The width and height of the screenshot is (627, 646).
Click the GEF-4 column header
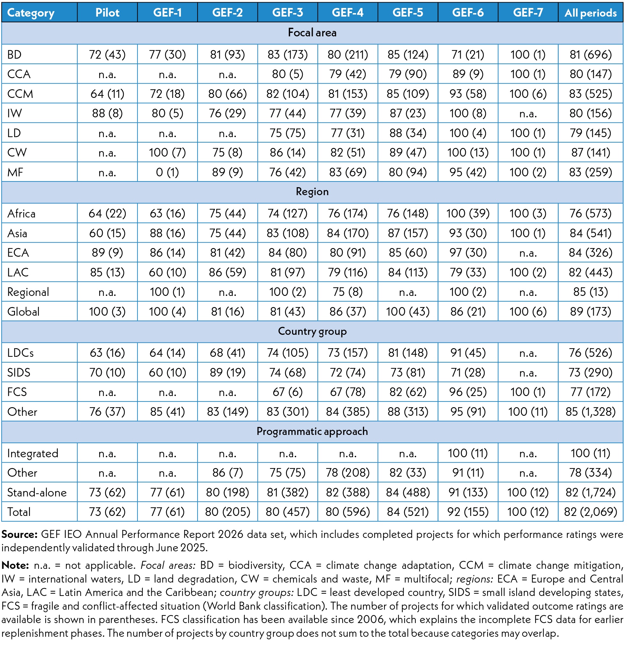coord(347,12)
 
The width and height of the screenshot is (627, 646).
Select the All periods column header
coord(590,12)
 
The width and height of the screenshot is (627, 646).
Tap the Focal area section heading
coord(312,33)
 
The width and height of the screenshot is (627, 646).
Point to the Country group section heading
coord(312,331)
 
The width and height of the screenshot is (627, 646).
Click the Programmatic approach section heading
coord(312,431)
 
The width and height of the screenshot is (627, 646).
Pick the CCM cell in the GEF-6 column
coord(468,94)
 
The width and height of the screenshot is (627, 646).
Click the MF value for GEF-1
coord(167,172)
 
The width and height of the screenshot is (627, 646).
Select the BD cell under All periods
coord(590,55)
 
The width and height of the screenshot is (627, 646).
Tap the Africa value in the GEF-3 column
coord(287,213)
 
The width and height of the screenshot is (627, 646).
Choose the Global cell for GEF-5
coord(408,312)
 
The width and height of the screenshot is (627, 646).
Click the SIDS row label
coord(19,372)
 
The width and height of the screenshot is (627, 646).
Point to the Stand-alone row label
coord(37,492)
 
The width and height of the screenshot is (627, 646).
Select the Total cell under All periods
coord(590,512)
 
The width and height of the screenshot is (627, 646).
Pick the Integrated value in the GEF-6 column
coord(468,453)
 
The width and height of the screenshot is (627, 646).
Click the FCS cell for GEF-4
coord(347,392)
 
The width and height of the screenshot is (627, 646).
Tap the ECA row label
coord(18,253)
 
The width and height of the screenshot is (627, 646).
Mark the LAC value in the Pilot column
coord(107,272)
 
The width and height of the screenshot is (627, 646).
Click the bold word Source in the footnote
coord(19,535)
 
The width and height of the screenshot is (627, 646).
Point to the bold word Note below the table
coord(15,566)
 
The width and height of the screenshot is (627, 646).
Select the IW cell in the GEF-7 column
coord(528,114)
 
